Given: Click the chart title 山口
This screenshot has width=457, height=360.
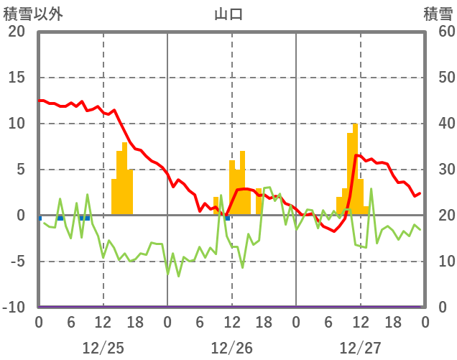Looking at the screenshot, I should click(x=228, y=14).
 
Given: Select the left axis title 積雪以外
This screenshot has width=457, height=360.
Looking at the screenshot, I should click(x=33, y=14).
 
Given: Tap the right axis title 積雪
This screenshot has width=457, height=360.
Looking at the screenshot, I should click(x=438, y=14).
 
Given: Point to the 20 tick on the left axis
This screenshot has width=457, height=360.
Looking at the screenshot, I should click(x=17, y=32).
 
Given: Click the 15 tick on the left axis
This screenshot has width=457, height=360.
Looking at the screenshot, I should click(x=17, y=78).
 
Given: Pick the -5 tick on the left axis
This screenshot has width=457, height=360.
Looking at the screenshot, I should click(x=17, y=262).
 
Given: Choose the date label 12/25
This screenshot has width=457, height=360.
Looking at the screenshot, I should click(x=103, y=348).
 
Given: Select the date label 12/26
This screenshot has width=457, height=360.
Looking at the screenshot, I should click(x=231, y=348).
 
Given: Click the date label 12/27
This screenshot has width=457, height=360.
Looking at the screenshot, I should click(x=360, y=348).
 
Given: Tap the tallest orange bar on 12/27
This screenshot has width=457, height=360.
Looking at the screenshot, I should click(x=355, y=169).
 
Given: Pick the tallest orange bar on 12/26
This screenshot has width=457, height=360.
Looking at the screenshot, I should click(x=243, y=183).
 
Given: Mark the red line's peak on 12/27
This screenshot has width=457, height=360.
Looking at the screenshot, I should click(x=356, y=154).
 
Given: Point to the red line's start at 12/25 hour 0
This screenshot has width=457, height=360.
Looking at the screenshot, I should click(x=40, y=101).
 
